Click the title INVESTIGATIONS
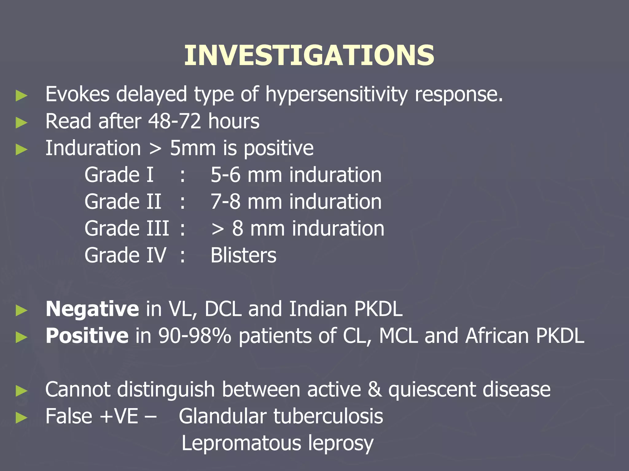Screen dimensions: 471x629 (309, 56)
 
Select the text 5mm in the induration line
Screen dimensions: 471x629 (193, 148)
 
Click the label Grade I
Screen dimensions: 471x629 (119, 175)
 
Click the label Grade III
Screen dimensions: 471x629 (127, 228)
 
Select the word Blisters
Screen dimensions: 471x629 (243, 255)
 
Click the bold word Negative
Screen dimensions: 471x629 (92, 309)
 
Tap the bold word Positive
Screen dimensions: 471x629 (87, 336)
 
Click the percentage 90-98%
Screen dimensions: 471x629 (194, 336)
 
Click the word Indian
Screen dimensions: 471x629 (318, 309)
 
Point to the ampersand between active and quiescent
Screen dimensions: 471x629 (374, 389)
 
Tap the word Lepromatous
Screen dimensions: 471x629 (241, 443)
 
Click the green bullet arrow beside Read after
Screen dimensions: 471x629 (21, 123)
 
